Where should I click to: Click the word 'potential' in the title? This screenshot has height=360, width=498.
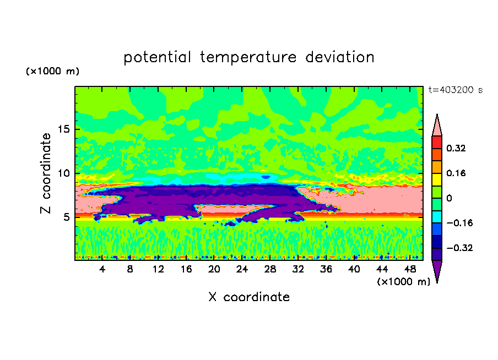tap(158, 57)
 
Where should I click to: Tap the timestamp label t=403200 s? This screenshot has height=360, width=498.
tap(455, 90)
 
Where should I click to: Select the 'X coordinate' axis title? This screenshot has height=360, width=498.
tap(249, 297)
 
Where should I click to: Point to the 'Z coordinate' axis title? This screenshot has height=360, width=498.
tap(46, 173)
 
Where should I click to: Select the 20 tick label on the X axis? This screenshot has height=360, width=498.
tap(214, 269)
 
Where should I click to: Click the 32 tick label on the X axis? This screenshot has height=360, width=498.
tap(298, 269)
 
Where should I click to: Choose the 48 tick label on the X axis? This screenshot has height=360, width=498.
tap(410, 269)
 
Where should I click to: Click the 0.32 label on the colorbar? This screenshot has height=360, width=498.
tap(456, 148)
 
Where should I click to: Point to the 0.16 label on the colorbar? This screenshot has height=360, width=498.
tap(456, 173)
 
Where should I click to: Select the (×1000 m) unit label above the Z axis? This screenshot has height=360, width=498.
tap(52, 72)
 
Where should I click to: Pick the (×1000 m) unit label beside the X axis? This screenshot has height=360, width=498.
tap(404, 282)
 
